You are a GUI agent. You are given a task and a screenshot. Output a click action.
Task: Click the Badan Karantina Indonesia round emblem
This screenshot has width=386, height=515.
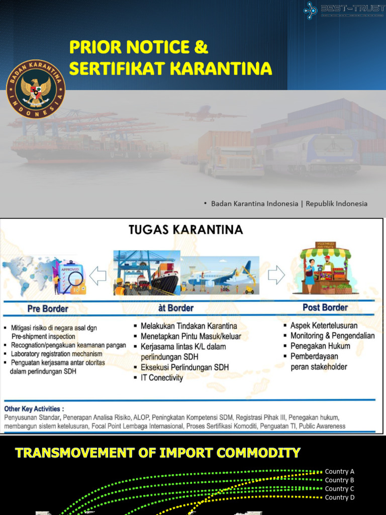tap(36, 89)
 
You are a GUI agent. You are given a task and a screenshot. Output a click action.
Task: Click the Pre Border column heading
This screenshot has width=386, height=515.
tap(48, 308)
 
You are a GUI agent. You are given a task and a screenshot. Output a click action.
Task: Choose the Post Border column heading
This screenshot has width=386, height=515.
tap(325, 307)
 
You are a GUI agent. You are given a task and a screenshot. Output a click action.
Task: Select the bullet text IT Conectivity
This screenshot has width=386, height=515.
tap(162, 378)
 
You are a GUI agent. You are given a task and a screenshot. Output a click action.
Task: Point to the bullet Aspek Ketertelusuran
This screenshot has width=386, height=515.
tap(324, 325)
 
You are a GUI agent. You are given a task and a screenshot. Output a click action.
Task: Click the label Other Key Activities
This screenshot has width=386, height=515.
tap(34, 408)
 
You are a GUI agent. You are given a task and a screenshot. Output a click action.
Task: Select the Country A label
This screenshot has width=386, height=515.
tap(340, 471)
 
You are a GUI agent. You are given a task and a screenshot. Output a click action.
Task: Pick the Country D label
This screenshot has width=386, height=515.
tap(340, 497)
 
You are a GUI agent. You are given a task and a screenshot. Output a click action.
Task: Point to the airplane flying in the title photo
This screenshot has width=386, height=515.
tap(204, 113)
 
